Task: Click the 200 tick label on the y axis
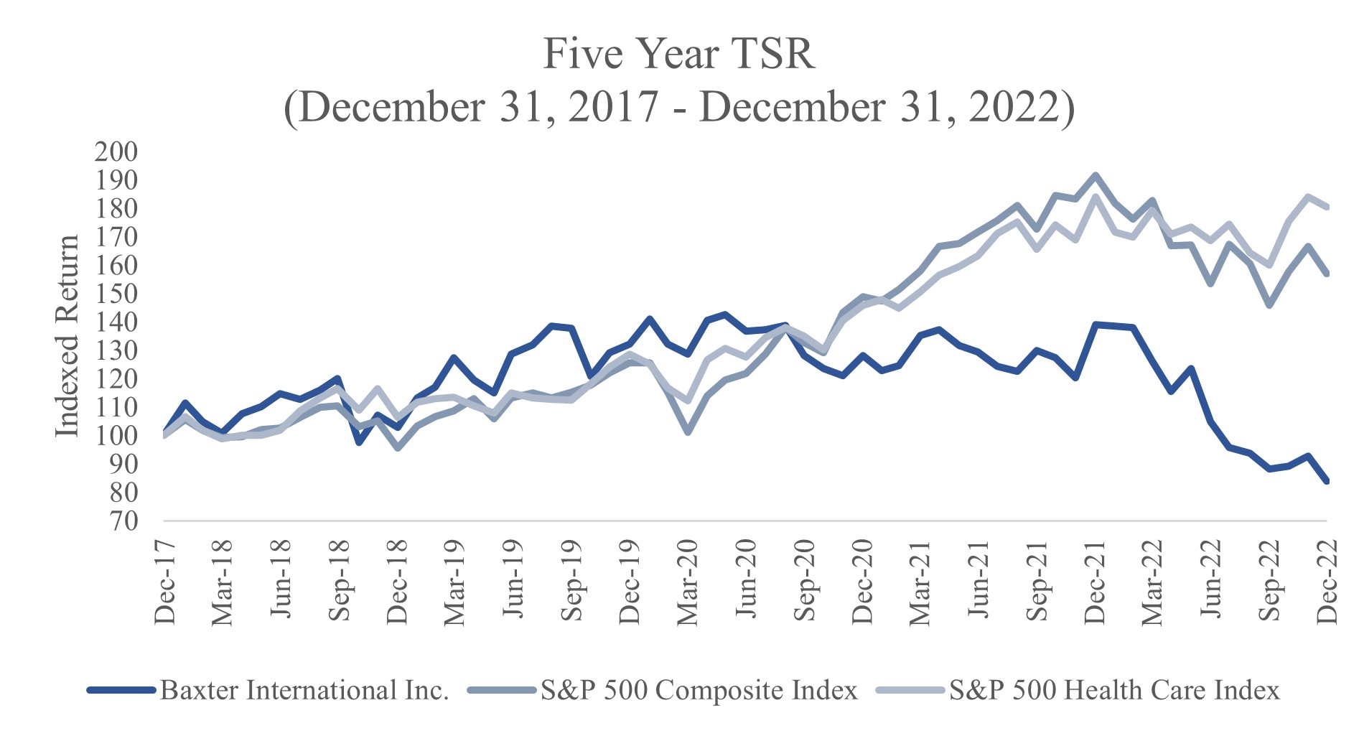tap(116, 152)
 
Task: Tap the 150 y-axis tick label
tap(116, 294)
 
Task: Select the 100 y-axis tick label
tap(116, 436)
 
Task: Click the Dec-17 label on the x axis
tap(165, 581)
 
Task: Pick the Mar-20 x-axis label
tap(687, 581)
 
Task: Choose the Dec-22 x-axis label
tap(1327, 581)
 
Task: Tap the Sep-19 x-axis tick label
tap(571, 581)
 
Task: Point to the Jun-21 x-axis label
tap(979, 581)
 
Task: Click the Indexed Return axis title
tap(67, 335)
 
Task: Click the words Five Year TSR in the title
tap(678, 54)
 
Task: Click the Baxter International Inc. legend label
tap(304, 690)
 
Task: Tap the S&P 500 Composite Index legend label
tap(699, 690)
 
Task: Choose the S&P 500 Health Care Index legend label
tap(1114, 690)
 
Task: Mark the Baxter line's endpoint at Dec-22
tap(1327, 481)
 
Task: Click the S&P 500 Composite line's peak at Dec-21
tap(1095, 175)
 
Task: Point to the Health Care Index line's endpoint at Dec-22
tap(1327, 208)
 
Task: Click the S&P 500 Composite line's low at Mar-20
tap(688, 432)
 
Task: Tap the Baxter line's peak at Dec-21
tap(1095, 324)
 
